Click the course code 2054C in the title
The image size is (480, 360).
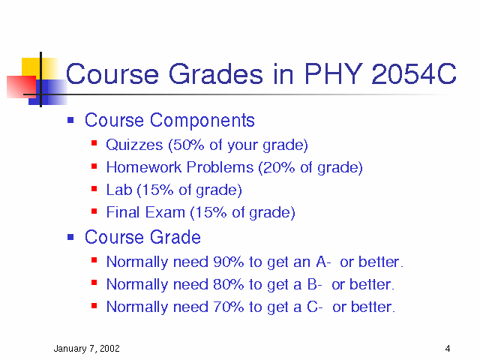pyautogui.click(x=413, y=73)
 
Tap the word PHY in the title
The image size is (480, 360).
pyautogui.click(x=334, y=73)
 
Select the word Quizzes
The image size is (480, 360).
pyautogui.click(x=134, y=145)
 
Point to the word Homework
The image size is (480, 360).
pyautogui.click(x=144, y=167)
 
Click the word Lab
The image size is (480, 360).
pyautogui.click(x=119, y=190)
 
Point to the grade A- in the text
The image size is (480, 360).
pyautogui.click(x=323, y=262)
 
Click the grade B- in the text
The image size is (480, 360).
pyautogui.click(x=315, y=284)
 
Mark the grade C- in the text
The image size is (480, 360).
pyautogui.click(x=315, y=307)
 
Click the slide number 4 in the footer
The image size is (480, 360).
pyautogui.click(x=448, y=348)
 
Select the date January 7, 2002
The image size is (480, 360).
pyautogui.click(x=87, y=349)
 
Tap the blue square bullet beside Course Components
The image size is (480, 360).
pyautogui.click(x=70, y=120)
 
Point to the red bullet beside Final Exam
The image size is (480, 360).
pyautogui.click(x=94, y=211)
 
